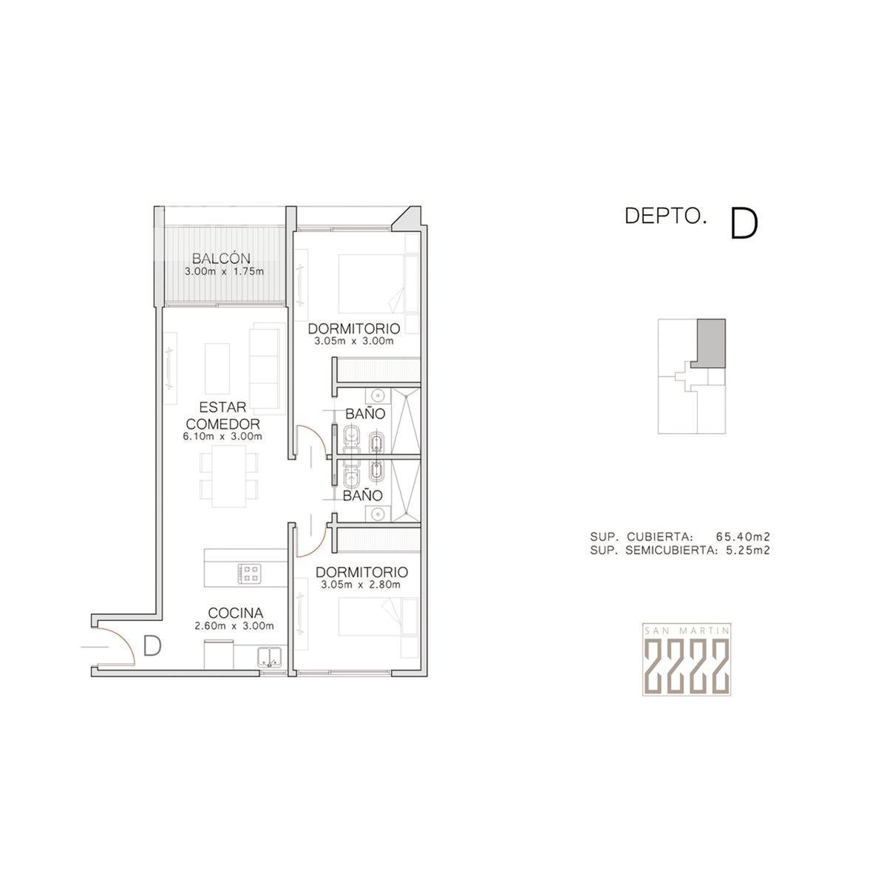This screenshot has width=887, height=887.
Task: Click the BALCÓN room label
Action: click(221, 258)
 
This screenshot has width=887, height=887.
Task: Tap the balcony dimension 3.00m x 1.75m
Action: click(224, 271)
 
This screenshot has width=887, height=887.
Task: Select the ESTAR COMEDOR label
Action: click(222, 415)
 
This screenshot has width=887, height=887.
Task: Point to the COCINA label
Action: click(235, 613)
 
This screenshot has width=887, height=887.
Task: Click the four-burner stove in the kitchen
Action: click(250, 574)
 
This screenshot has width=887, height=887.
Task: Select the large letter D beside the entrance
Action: click(152, 645)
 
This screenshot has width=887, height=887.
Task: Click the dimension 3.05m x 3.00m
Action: click(354, 341)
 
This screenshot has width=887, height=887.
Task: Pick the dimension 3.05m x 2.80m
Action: click(361, 585)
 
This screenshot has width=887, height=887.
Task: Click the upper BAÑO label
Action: click(365, 414)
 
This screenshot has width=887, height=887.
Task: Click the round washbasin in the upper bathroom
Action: click(378, 395)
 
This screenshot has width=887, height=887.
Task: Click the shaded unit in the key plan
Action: click(710, 344)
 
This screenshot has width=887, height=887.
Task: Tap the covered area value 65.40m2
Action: click(743, 536)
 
